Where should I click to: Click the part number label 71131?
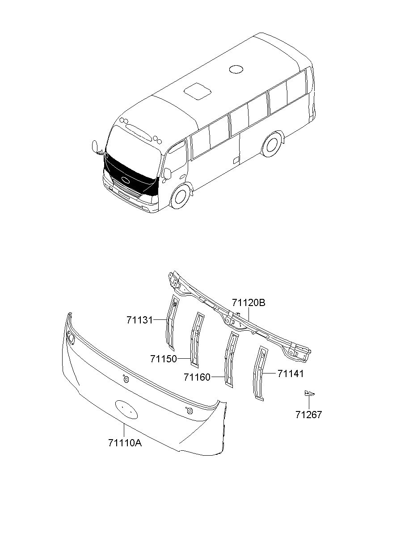[139, 320]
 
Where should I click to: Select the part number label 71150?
[164, 359]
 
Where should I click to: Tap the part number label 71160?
[197, 377]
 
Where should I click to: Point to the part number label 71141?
[291, 373]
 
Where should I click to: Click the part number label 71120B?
[249, 303]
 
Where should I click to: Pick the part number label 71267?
[308, 415]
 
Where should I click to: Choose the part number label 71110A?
[125, 443]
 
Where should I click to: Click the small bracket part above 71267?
[309, 393]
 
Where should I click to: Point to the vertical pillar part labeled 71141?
[260, 373]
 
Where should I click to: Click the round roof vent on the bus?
[236, 69]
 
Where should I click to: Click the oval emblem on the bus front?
[126, 180]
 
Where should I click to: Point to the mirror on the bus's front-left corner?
[95, 147]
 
